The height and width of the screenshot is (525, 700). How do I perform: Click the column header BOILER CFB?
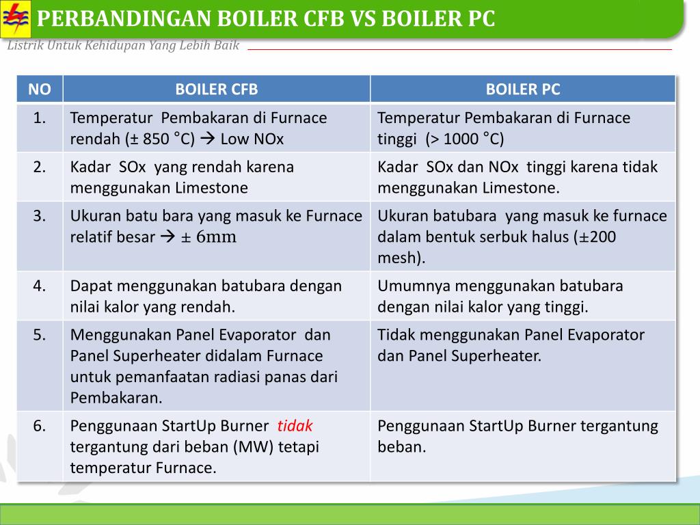pos(216,89)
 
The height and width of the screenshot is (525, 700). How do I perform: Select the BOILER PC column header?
pos(522,89)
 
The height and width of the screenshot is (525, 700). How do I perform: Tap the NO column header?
pos(40,89)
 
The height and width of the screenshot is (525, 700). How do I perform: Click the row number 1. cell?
pos(40,118)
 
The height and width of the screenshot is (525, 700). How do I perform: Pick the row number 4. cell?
pos(40,286)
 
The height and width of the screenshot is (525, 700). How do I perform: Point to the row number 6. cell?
pos(40,426)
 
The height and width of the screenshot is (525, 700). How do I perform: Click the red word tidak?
pos(295,426)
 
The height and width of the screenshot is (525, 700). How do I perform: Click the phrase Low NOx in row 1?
pos(252,139)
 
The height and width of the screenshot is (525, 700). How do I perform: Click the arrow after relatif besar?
pos(167,238)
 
